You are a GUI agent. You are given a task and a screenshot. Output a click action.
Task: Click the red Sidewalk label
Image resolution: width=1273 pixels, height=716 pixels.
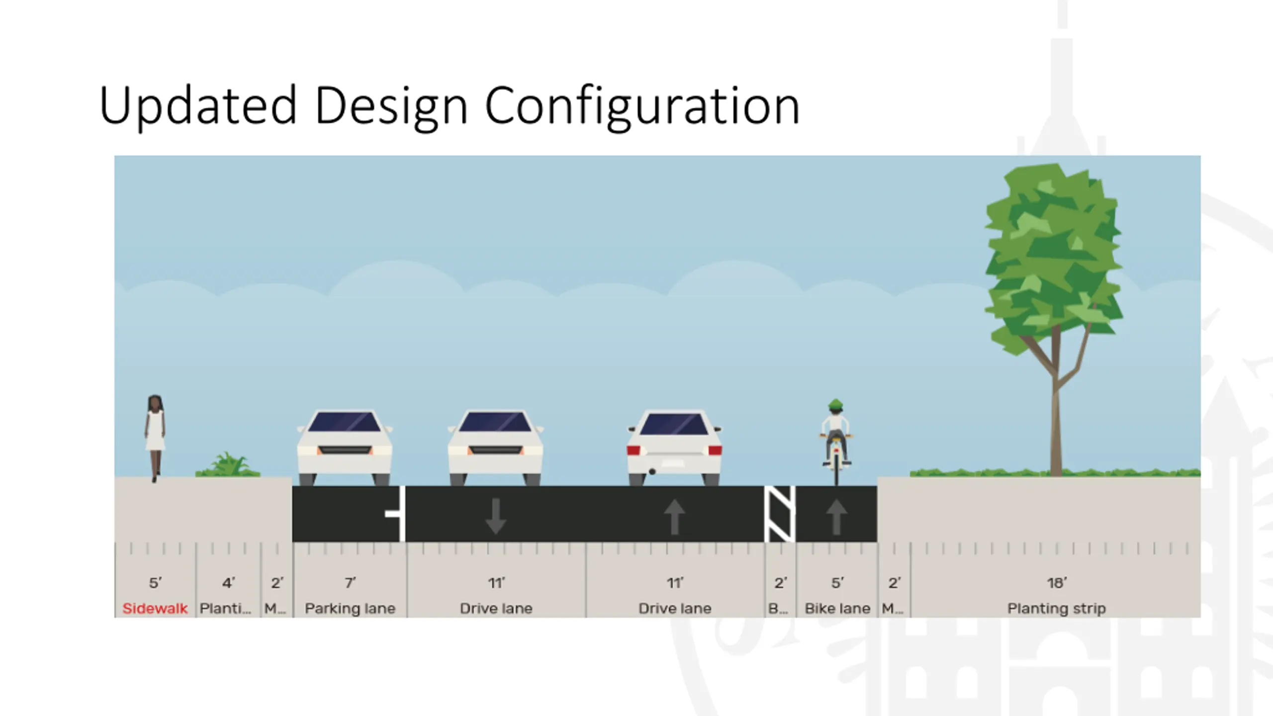pyautogui.click(x=155, y=608)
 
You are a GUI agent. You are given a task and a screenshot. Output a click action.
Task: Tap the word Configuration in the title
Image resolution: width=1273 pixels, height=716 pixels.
pyautogui.click(x=642, y=105)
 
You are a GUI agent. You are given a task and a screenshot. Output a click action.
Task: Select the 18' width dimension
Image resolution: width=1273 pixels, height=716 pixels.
pyautogui.click(x=1057, y=582)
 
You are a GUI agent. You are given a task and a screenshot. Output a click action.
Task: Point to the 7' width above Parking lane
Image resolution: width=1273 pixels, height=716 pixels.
pyautogui.click(x=350, y=582)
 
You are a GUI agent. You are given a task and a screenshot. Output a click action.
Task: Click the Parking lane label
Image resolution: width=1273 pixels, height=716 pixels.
pyautogui.click(x=350, y=608)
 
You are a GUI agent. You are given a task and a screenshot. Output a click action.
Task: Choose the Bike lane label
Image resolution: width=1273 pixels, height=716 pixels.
pyautogui.click(x=837, y=608)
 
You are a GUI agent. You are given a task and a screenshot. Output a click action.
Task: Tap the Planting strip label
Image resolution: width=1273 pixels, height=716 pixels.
pyautogui.click(x=1057, y=608)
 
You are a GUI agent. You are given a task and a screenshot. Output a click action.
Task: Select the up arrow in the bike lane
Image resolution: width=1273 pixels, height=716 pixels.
pyautogui.click(x=836, y=517)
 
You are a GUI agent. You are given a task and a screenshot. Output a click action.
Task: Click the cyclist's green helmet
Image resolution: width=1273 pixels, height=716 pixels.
pyautogui.click(x=836, y=404)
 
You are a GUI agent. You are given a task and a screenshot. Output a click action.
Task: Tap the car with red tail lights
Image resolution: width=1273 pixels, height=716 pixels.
pyautogui.click(x=674, y=447)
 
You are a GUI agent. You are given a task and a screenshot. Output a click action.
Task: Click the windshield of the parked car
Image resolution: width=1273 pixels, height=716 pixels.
pyautogui.click(x=344, y=422)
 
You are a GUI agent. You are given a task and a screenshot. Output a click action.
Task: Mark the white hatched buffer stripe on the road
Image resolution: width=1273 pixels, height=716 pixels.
pyautogui.click(x=780, y=514)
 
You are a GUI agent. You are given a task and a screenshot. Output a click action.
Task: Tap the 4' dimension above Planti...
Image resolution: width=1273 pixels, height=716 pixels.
pyautogui.click(x=228, y=582)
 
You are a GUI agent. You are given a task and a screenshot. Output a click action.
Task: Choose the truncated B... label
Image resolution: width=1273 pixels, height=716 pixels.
pyautogui.click(x=778, y=608)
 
